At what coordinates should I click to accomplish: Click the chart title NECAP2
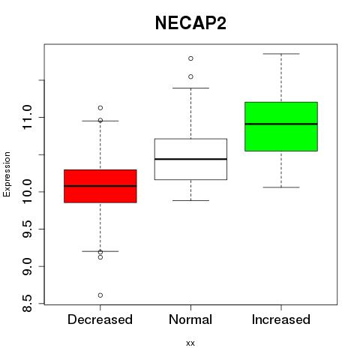tap(190, 23)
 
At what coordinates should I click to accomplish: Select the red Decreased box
tap(100, 186)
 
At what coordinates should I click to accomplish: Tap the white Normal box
tap(190, 159)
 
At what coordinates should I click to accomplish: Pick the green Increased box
tap(281, 127)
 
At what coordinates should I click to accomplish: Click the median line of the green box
tap(281, 124)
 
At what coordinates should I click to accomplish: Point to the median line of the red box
tap(100, 186)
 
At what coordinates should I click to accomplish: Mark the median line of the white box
tap(190, 159)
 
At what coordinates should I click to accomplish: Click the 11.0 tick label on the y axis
tap(27, 117)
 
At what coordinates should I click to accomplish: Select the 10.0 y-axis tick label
tap(27, 192)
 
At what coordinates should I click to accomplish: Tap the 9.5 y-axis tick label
tap(27, 229)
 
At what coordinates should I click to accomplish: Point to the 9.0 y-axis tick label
tap(27, 266)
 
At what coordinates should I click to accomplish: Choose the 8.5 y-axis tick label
tap(27, 304)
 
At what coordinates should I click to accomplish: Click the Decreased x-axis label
tap(100, 319)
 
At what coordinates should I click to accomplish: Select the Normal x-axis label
tap(190, 319)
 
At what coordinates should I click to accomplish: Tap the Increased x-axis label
tap(281, 319)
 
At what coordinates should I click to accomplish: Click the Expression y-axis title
tap(7, 174)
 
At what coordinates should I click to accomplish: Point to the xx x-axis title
tap(190, 343)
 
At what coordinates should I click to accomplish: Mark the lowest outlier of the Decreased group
tap(100, 295)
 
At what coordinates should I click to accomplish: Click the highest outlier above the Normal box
tap(190, 58)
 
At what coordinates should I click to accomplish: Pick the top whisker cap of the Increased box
tap(281, 54)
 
